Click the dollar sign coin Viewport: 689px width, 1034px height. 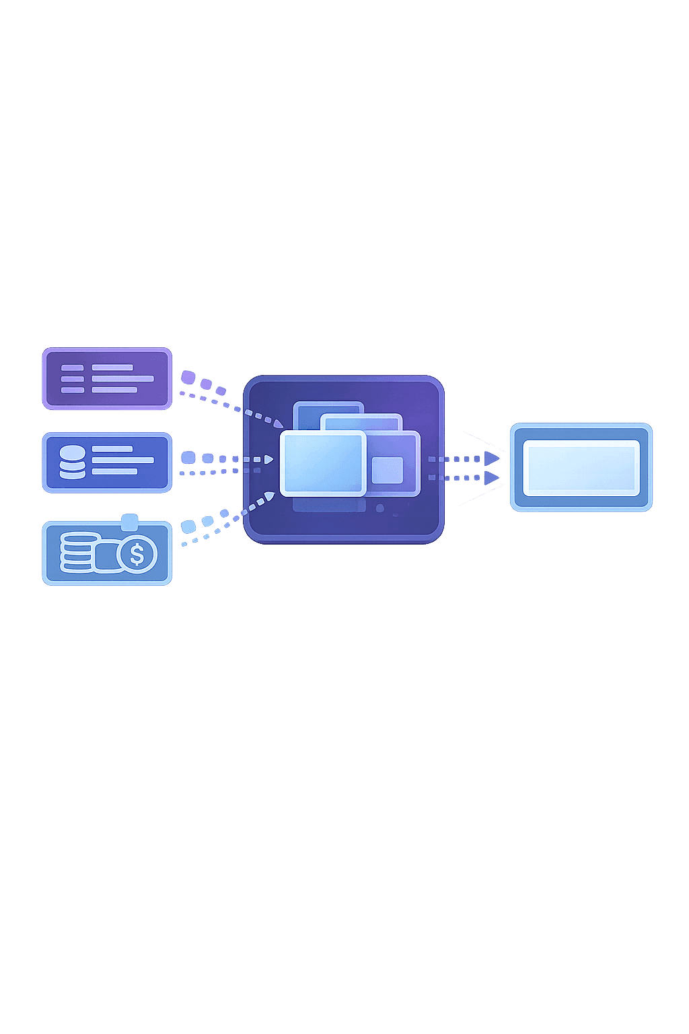[x=137, y=555]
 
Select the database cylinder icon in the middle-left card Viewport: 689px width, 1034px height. [x=73, y=461]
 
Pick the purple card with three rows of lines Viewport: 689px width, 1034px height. [x=107, y=378]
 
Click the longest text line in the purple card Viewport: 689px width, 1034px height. [x=122, y=378]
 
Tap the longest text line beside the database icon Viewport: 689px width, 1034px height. [x=122, y=460]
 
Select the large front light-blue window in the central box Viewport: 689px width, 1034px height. [x=323, y=463]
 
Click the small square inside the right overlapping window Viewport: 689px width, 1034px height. [x=387, y=470]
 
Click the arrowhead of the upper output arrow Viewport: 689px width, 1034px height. [x=493, y=459]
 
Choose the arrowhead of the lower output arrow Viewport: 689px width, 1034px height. [x=493, y=477]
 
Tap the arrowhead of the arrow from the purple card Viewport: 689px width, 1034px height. [x=279, y=424]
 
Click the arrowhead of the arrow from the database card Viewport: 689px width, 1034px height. [x=269, y=459]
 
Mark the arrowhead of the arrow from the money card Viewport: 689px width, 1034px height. [x=270, y=496]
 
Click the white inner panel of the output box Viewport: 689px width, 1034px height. [x=581, y=467]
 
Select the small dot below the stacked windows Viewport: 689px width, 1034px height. [x=380, y=507]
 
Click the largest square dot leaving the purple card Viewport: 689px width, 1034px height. [x=188, y=376]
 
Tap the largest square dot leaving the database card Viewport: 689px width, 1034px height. [x=188, y=458]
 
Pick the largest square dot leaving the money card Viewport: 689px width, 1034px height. [x=188, y=526]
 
